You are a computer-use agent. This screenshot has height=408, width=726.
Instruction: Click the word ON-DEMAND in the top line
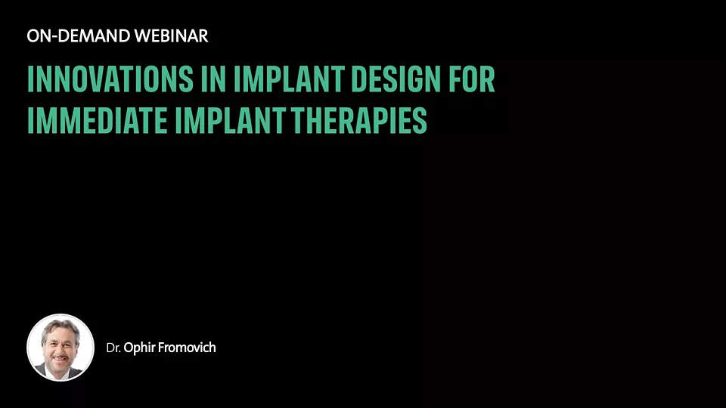(78, 36)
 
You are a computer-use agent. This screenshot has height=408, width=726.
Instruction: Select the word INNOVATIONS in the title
(110, 79)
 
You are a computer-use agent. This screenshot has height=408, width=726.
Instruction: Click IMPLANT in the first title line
(289, 79)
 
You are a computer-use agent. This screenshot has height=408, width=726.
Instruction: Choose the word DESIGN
(396, 79)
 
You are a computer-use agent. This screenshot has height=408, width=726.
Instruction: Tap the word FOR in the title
(472, 79)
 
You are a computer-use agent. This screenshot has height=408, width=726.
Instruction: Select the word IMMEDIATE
(98, 120)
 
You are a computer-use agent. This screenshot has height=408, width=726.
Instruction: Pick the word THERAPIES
(359, 120)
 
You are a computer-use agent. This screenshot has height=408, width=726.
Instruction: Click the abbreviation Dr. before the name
(113, 348)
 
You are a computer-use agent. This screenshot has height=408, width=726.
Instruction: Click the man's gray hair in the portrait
(60, 324)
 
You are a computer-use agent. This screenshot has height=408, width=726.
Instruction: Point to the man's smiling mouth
(59, 357)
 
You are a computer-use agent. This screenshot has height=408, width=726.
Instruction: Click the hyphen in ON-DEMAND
(54, 37)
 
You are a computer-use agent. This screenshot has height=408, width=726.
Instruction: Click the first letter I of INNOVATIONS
(30, 79)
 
